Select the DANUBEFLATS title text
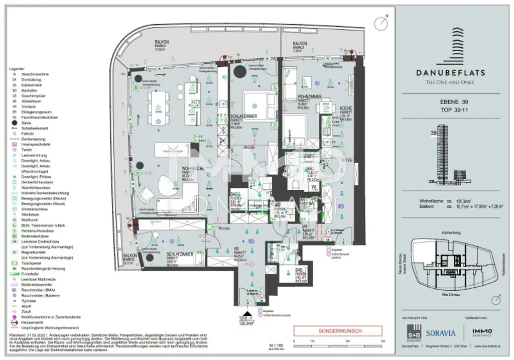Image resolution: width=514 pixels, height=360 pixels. click(x=451, y=72)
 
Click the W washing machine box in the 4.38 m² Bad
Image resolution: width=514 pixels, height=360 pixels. click(x=314, y=186)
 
